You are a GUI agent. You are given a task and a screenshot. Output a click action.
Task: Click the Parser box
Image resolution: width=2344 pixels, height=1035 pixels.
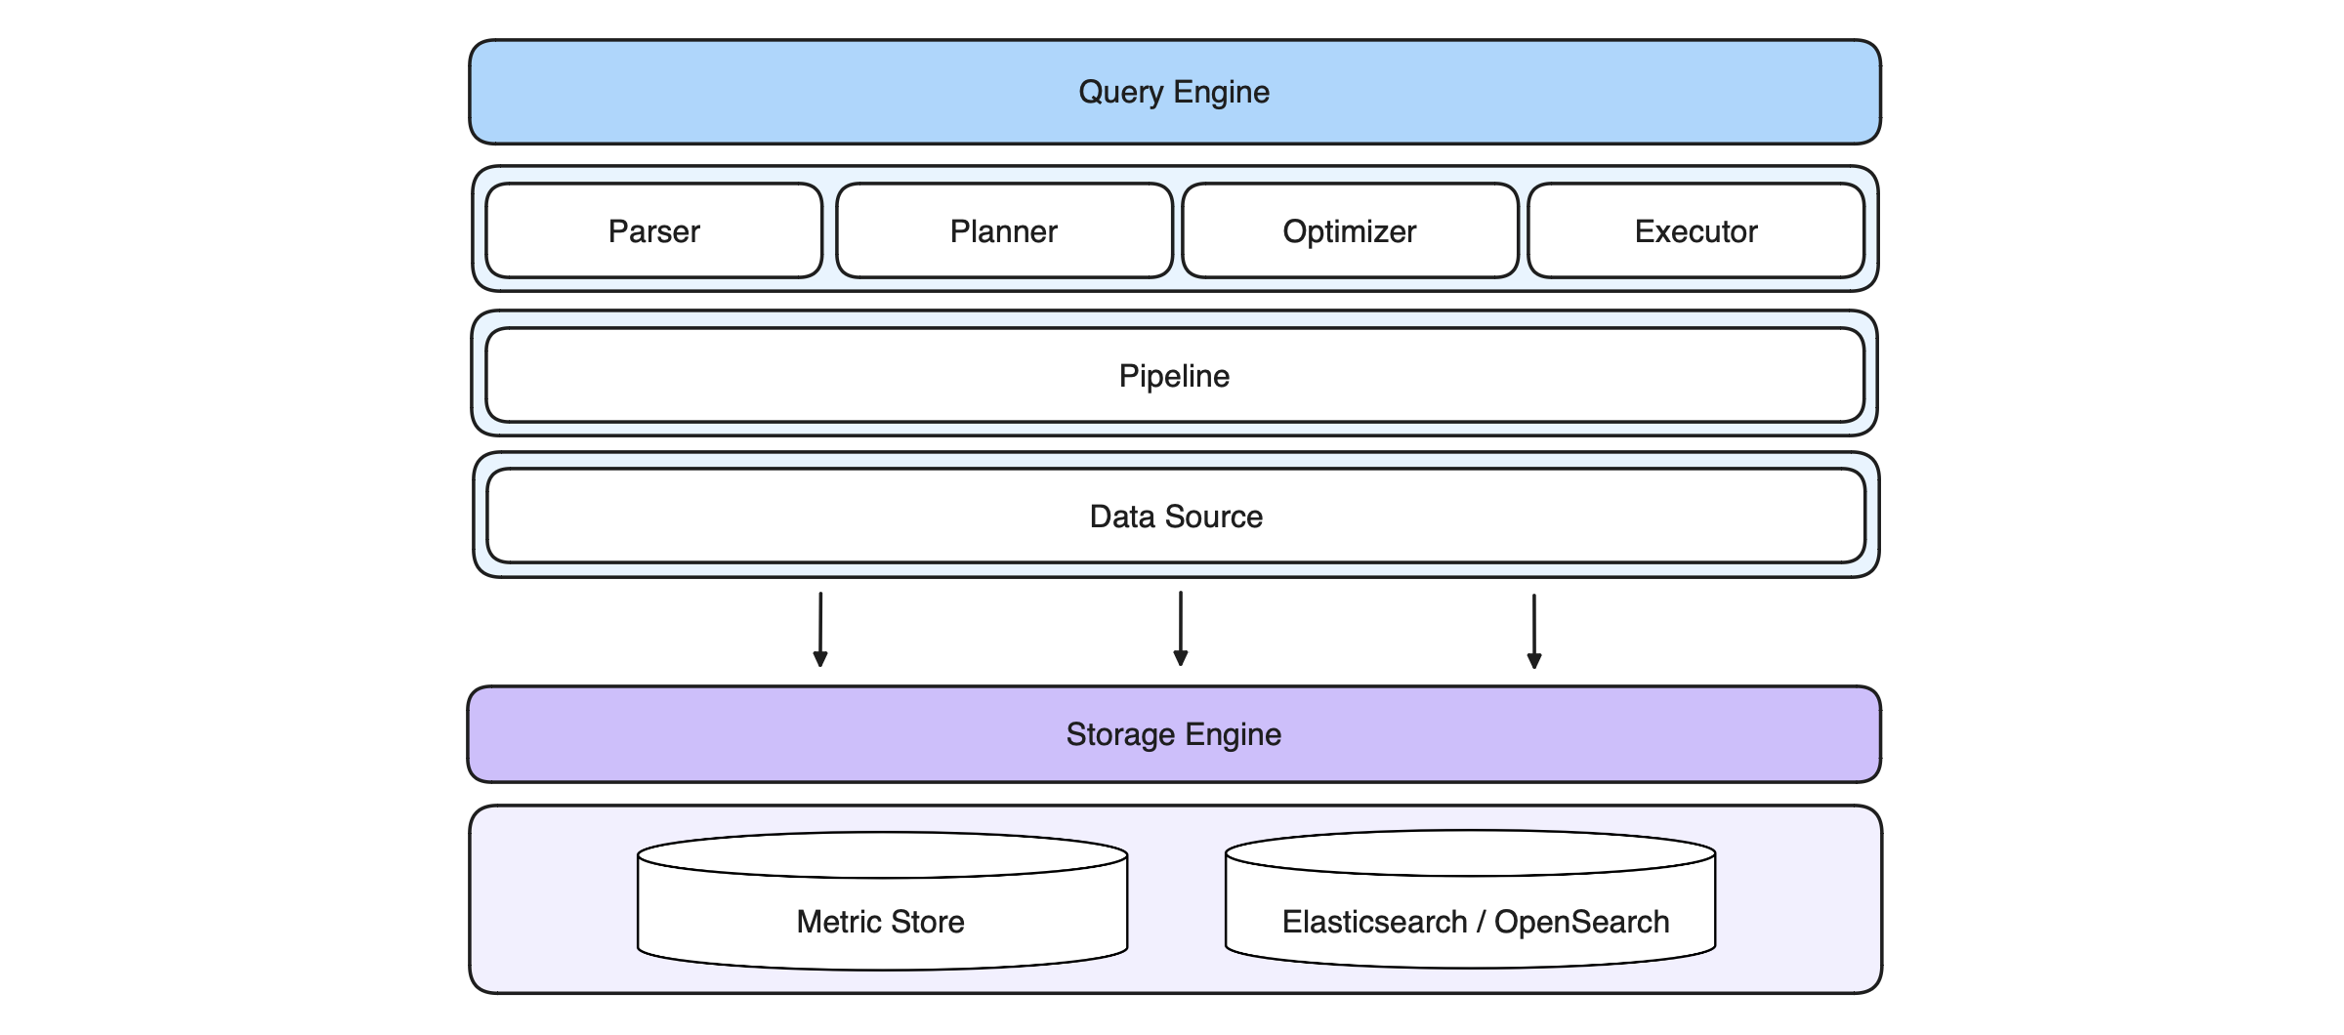coord(653,230)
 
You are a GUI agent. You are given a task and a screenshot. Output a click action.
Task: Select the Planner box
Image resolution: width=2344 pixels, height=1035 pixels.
coord(1004,230)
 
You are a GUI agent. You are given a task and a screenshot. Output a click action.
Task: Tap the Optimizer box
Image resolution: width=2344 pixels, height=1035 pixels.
coord(1350,230)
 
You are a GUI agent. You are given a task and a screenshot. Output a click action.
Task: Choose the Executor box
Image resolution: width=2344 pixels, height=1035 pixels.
coord(1695,230)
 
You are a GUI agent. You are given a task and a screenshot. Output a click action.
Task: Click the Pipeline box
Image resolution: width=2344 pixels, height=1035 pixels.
coord(1174,375)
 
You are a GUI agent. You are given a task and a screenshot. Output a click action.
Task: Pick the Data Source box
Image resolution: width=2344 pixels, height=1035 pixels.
coord(1176,516)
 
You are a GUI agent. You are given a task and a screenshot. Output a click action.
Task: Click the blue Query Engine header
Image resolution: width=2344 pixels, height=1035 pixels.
coord(1174,92)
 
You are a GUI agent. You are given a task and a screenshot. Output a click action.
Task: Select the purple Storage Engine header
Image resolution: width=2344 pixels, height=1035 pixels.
coord(1174,734)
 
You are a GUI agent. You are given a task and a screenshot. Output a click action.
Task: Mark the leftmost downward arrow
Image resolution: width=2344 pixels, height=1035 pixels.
coord(820,630)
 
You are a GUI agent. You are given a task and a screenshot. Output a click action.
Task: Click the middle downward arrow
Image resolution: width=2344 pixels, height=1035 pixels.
coord(1180,629)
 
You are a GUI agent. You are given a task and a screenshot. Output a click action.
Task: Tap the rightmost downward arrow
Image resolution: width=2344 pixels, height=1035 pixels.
coord(1533,631)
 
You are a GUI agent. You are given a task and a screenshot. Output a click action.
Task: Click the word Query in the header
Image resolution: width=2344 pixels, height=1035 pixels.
coord(1120,92)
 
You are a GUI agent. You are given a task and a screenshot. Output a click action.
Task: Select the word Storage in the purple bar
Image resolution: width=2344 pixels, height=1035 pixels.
coord(1120,734)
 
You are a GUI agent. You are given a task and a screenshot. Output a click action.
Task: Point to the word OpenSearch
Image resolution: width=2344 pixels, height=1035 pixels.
coord(1582,922)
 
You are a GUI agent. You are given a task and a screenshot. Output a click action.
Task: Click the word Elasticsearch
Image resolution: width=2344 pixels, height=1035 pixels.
coord(1374,922)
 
